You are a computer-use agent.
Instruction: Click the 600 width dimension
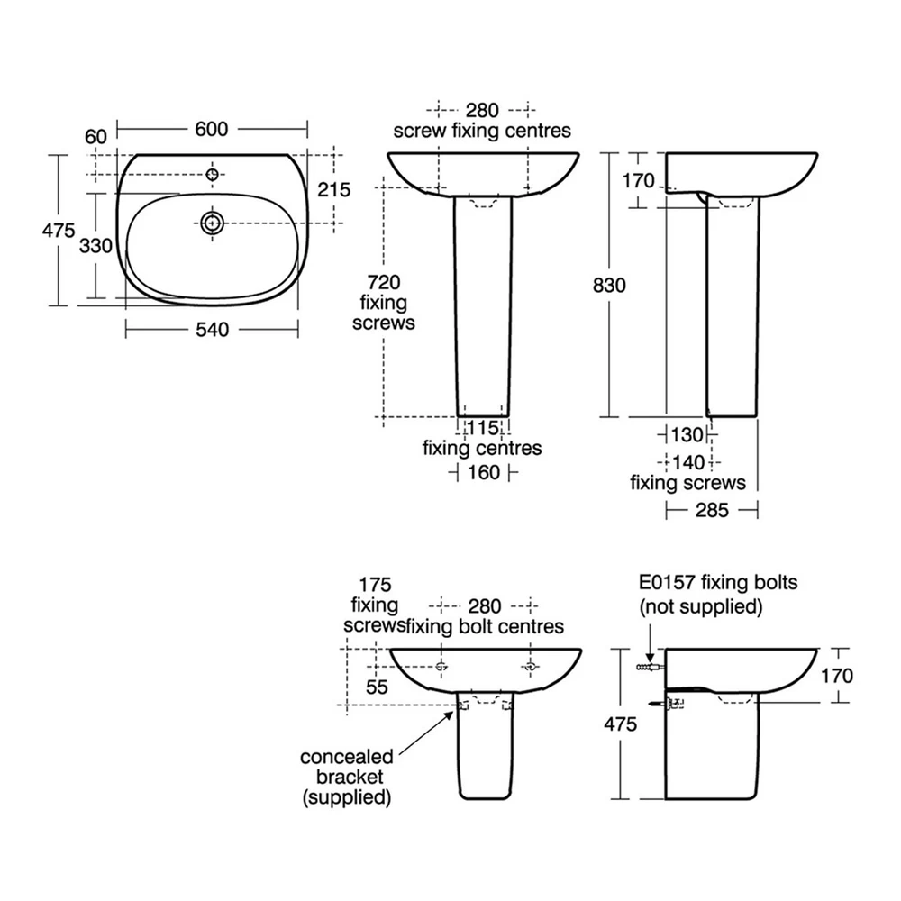click(212, 129)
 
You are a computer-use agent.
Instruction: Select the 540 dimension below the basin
click(212, 330)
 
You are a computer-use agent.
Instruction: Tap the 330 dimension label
click(96, 246)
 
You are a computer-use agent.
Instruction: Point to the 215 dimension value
click(334, 189)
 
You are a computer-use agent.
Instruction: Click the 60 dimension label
click(96, 137)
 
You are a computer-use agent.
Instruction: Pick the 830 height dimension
click(609, 285)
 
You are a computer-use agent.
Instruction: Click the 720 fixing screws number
click(384, 282)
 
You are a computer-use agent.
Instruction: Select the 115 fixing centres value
click(483, 427)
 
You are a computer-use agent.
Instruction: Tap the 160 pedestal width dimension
click(484, 472)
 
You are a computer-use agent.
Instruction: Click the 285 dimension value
click(712, 510)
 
